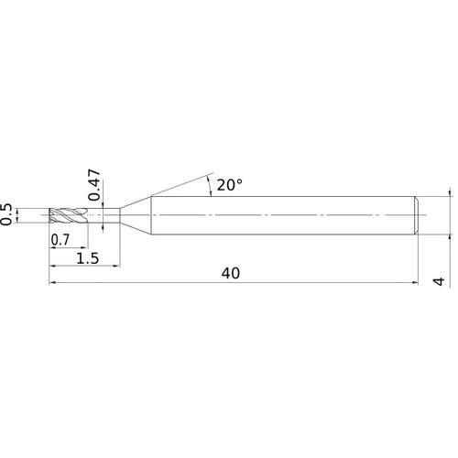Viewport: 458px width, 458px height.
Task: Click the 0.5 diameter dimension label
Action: click(x=8, y=214)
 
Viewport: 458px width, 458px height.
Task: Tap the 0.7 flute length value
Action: click(x=60, y=240)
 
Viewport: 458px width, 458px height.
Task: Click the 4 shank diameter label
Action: click(x=441, y=281)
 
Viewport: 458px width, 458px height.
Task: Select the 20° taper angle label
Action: click(x=230, y=184)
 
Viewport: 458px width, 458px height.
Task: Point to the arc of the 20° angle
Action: click(x=212, y=187)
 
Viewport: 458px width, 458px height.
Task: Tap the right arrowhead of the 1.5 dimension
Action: click(x=117, y=267)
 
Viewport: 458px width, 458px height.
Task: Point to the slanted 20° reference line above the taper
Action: click(x=183, y=183)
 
